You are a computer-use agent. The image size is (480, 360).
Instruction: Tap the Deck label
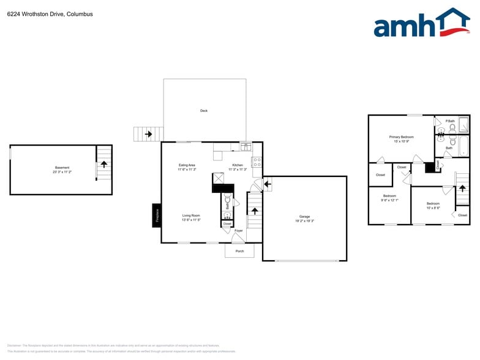click(x=204, y=111)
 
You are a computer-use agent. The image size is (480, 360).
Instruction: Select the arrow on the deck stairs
click(x=148, y=133)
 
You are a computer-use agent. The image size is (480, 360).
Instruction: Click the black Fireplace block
click(x=157, y=215)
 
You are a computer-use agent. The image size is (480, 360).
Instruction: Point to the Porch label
click(x=239, y=251)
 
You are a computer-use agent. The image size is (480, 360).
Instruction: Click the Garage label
click(x=304, y=217)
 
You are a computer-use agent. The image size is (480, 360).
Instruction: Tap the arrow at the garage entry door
click(x=267, y=183)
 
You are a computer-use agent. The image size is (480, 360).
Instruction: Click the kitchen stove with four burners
click(x=257, y=163)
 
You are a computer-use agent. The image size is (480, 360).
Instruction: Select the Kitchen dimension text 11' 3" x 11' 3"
click(x=238, y=170)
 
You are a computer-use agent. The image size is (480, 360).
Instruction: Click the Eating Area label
click(x=187, y=165)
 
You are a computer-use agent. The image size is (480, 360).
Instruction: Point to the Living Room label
click(x=191, y=216)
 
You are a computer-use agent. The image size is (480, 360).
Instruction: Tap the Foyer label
click(x=238, y=231)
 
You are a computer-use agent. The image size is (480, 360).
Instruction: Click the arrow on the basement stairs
click(x=104, y=164)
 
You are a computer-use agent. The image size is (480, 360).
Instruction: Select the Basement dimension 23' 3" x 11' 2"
click(x=62, y=172)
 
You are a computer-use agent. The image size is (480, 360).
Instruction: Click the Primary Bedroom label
click(x=402, y=137)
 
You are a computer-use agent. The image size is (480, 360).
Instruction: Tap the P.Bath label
click(x=450, y=121)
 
